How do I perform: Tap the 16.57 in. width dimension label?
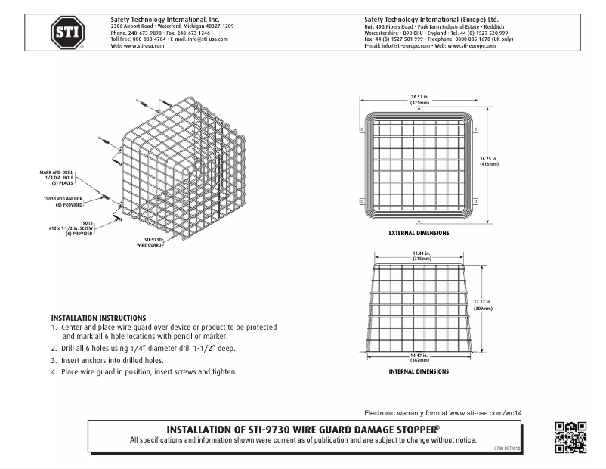pos(419,99)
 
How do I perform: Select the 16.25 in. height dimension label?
pos(490,161)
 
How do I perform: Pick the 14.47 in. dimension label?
pos(420,359)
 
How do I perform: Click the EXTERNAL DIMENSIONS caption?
pos(419,233)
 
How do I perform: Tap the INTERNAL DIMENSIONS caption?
pos(419,371)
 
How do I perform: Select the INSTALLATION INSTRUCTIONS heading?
pos(98,318)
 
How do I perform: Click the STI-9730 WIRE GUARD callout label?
pos(150,242)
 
